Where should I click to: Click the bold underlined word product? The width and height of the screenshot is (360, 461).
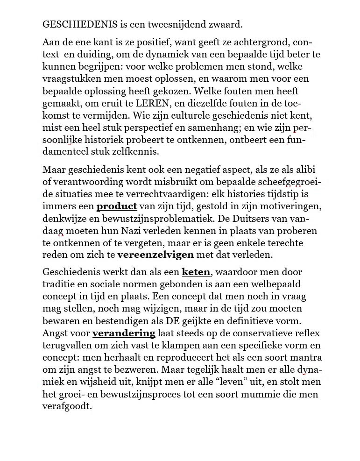click(117, 206)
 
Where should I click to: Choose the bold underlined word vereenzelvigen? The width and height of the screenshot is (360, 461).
click(155, 255)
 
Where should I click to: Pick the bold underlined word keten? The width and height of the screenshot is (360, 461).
click(197, 272)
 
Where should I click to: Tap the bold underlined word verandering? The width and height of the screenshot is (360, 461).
click(124, 333)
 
